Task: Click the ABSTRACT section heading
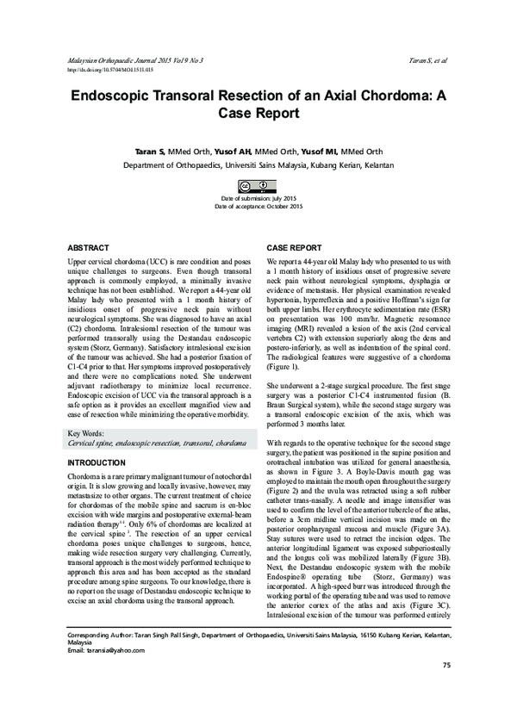pos(88,245)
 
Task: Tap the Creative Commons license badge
pos(258,186)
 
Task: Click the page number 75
pos(445,689)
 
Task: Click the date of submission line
pos(258,199)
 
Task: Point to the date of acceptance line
pos(258,208)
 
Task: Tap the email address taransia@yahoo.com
pos(105,676)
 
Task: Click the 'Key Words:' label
pos(87,433)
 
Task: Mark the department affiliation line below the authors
pos(258,164)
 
